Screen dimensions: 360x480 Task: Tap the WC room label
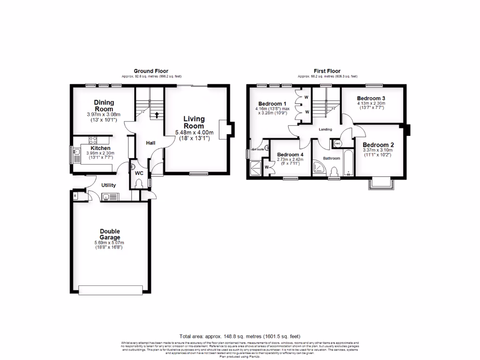139,173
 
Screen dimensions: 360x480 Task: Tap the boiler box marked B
75,195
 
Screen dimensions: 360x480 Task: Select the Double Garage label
110,234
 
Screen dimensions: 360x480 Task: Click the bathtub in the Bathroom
348,164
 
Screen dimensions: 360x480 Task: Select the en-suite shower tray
257,167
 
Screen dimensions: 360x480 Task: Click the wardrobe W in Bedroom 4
267,166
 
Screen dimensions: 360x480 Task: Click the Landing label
325,129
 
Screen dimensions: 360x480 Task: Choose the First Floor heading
327,71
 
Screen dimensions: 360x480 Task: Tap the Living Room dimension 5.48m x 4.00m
194,132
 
